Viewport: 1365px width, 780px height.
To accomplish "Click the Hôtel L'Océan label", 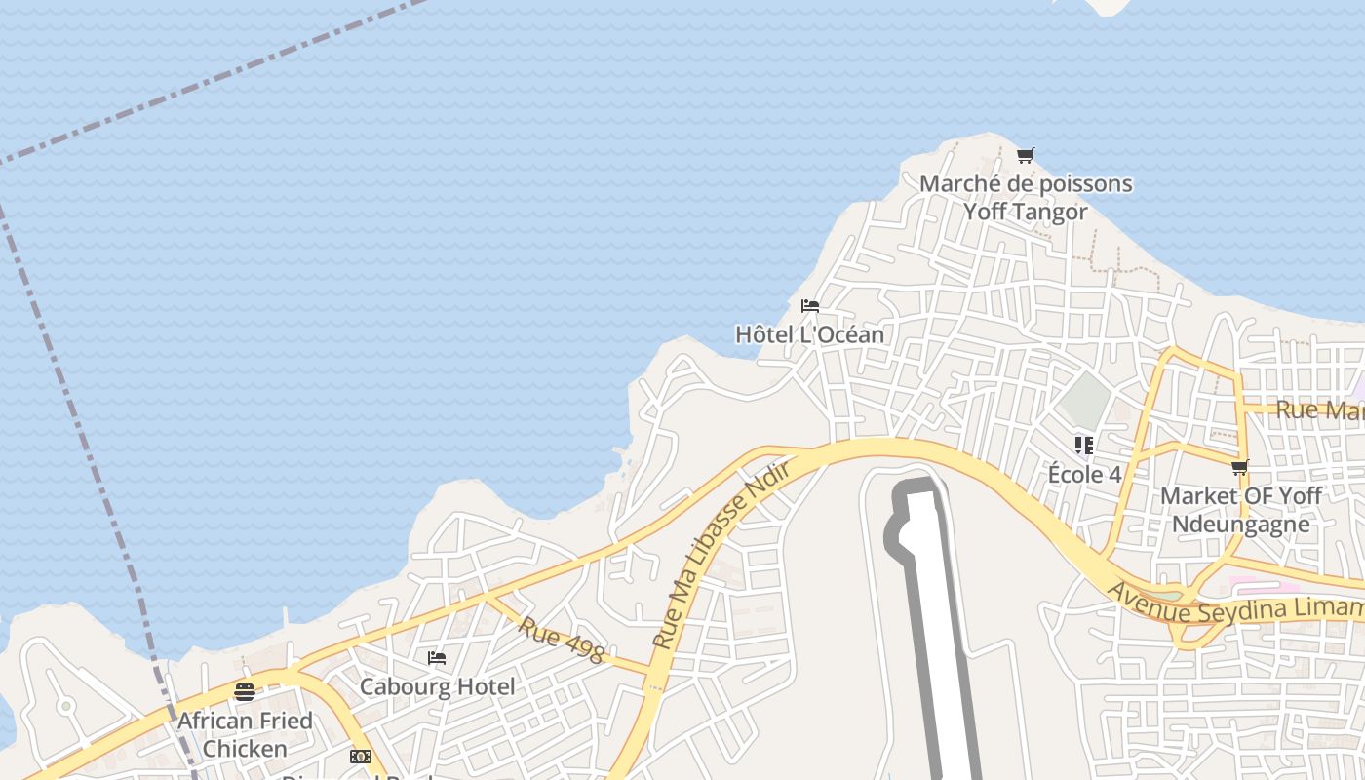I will [809, 334].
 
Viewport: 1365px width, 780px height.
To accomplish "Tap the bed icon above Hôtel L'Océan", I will [809, 306].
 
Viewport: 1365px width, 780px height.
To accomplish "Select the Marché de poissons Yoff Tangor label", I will [1026, 197].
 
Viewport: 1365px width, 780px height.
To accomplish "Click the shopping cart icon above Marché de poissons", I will [1025, 155].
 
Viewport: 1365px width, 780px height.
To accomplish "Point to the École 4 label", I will [1084, 475].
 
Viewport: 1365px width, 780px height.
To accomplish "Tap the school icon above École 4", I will [1083, 446].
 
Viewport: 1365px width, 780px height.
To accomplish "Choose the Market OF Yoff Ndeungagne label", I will [1240, 509].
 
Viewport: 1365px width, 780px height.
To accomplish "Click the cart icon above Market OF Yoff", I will [1239, 468].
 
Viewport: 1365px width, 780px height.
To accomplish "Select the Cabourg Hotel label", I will [437, 686].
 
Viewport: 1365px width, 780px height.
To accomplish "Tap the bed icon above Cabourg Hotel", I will [437, 658].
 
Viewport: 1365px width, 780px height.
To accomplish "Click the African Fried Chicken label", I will [245, 734].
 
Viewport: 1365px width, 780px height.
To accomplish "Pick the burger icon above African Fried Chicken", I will [245, 692].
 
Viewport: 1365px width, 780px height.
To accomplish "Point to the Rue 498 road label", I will [561, 640].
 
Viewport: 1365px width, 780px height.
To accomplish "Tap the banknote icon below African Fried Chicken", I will [361, 757].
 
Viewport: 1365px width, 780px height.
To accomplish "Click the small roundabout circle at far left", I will [65, 705].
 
